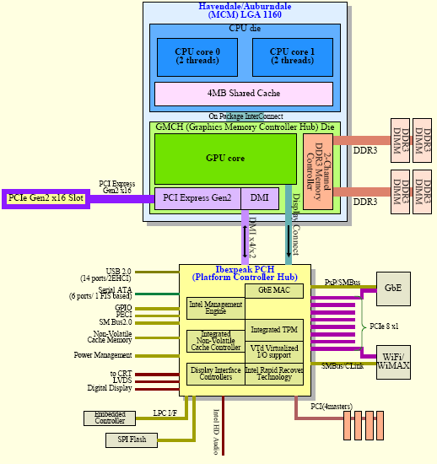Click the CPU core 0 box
[x=197, y=56]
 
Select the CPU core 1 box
[x=291, y=56]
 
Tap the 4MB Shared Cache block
[x=245, y=93]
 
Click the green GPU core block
[x=225, y=158]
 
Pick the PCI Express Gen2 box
[x=197, y=197]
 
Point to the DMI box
[x=260, y=197]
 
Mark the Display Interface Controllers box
[x=214, y=373]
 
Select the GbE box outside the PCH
[x=392, y=289]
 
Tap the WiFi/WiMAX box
[x=392, y=360]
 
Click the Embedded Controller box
[x=109, y=417]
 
